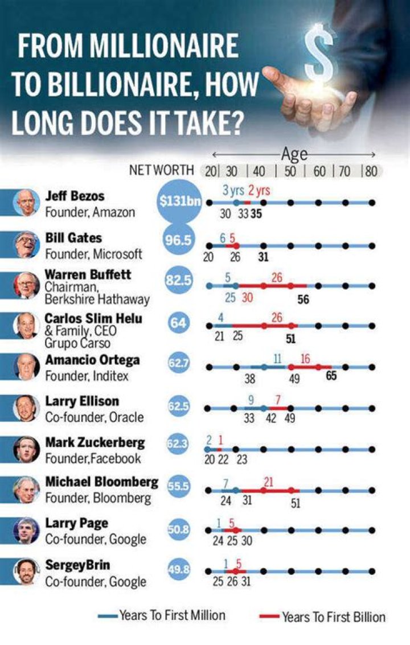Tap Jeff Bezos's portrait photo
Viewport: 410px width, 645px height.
(x=26, y=203)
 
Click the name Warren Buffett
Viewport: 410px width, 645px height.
(x=88, y=274)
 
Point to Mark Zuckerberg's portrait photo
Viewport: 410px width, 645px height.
(x=26, y=449)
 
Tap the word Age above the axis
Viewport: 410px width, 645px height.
(x=294, y=154)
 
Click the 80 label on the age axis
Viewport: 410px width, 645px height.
(x=371, y=171)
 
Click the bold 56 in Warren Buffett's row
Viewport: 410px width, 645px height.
(x=303, y=300)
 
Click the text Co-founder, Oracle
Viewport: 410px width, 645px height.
(x=95, y=417)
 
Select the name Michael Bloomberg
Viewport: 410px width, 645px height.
(x=101, y=482)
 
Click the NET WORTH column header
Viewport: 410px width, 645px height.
(x=162, y=170)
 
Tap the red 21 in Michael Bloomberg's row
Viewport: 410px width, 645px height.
(x=269, y=481)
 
